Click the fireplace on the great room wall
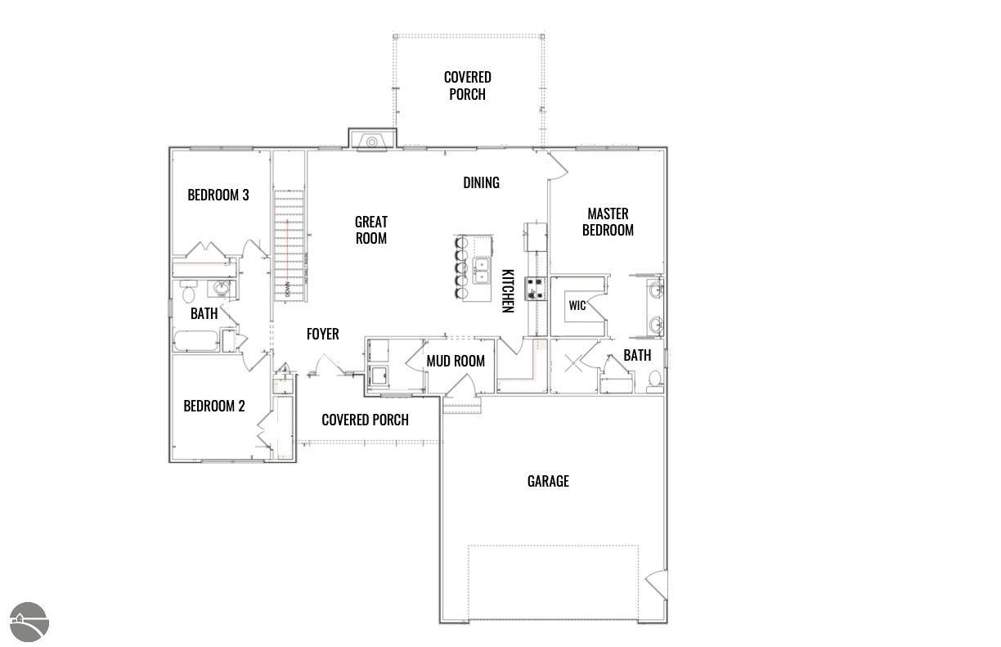[372, 140]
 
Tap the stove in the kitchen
[535, 288]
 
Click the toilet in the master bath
[654, 379]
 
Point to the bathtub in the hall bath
[195, 340]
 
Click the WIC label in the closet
[577, 306]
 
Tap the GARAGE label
[548, 481]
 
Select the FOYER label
[322, 335]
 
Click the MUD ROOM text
[456, 361]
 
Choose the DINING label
[481, 182]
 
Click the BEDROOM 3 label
[218, 195]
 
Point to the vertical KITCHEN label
[507, 290]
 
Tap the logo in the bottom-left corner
[29, 622]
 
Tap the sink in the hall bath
[221, 288]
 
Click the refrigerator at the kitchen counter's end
[536, 238]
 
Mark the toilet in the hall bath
[188, 293]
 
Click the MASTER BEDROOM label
[608, 222]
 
